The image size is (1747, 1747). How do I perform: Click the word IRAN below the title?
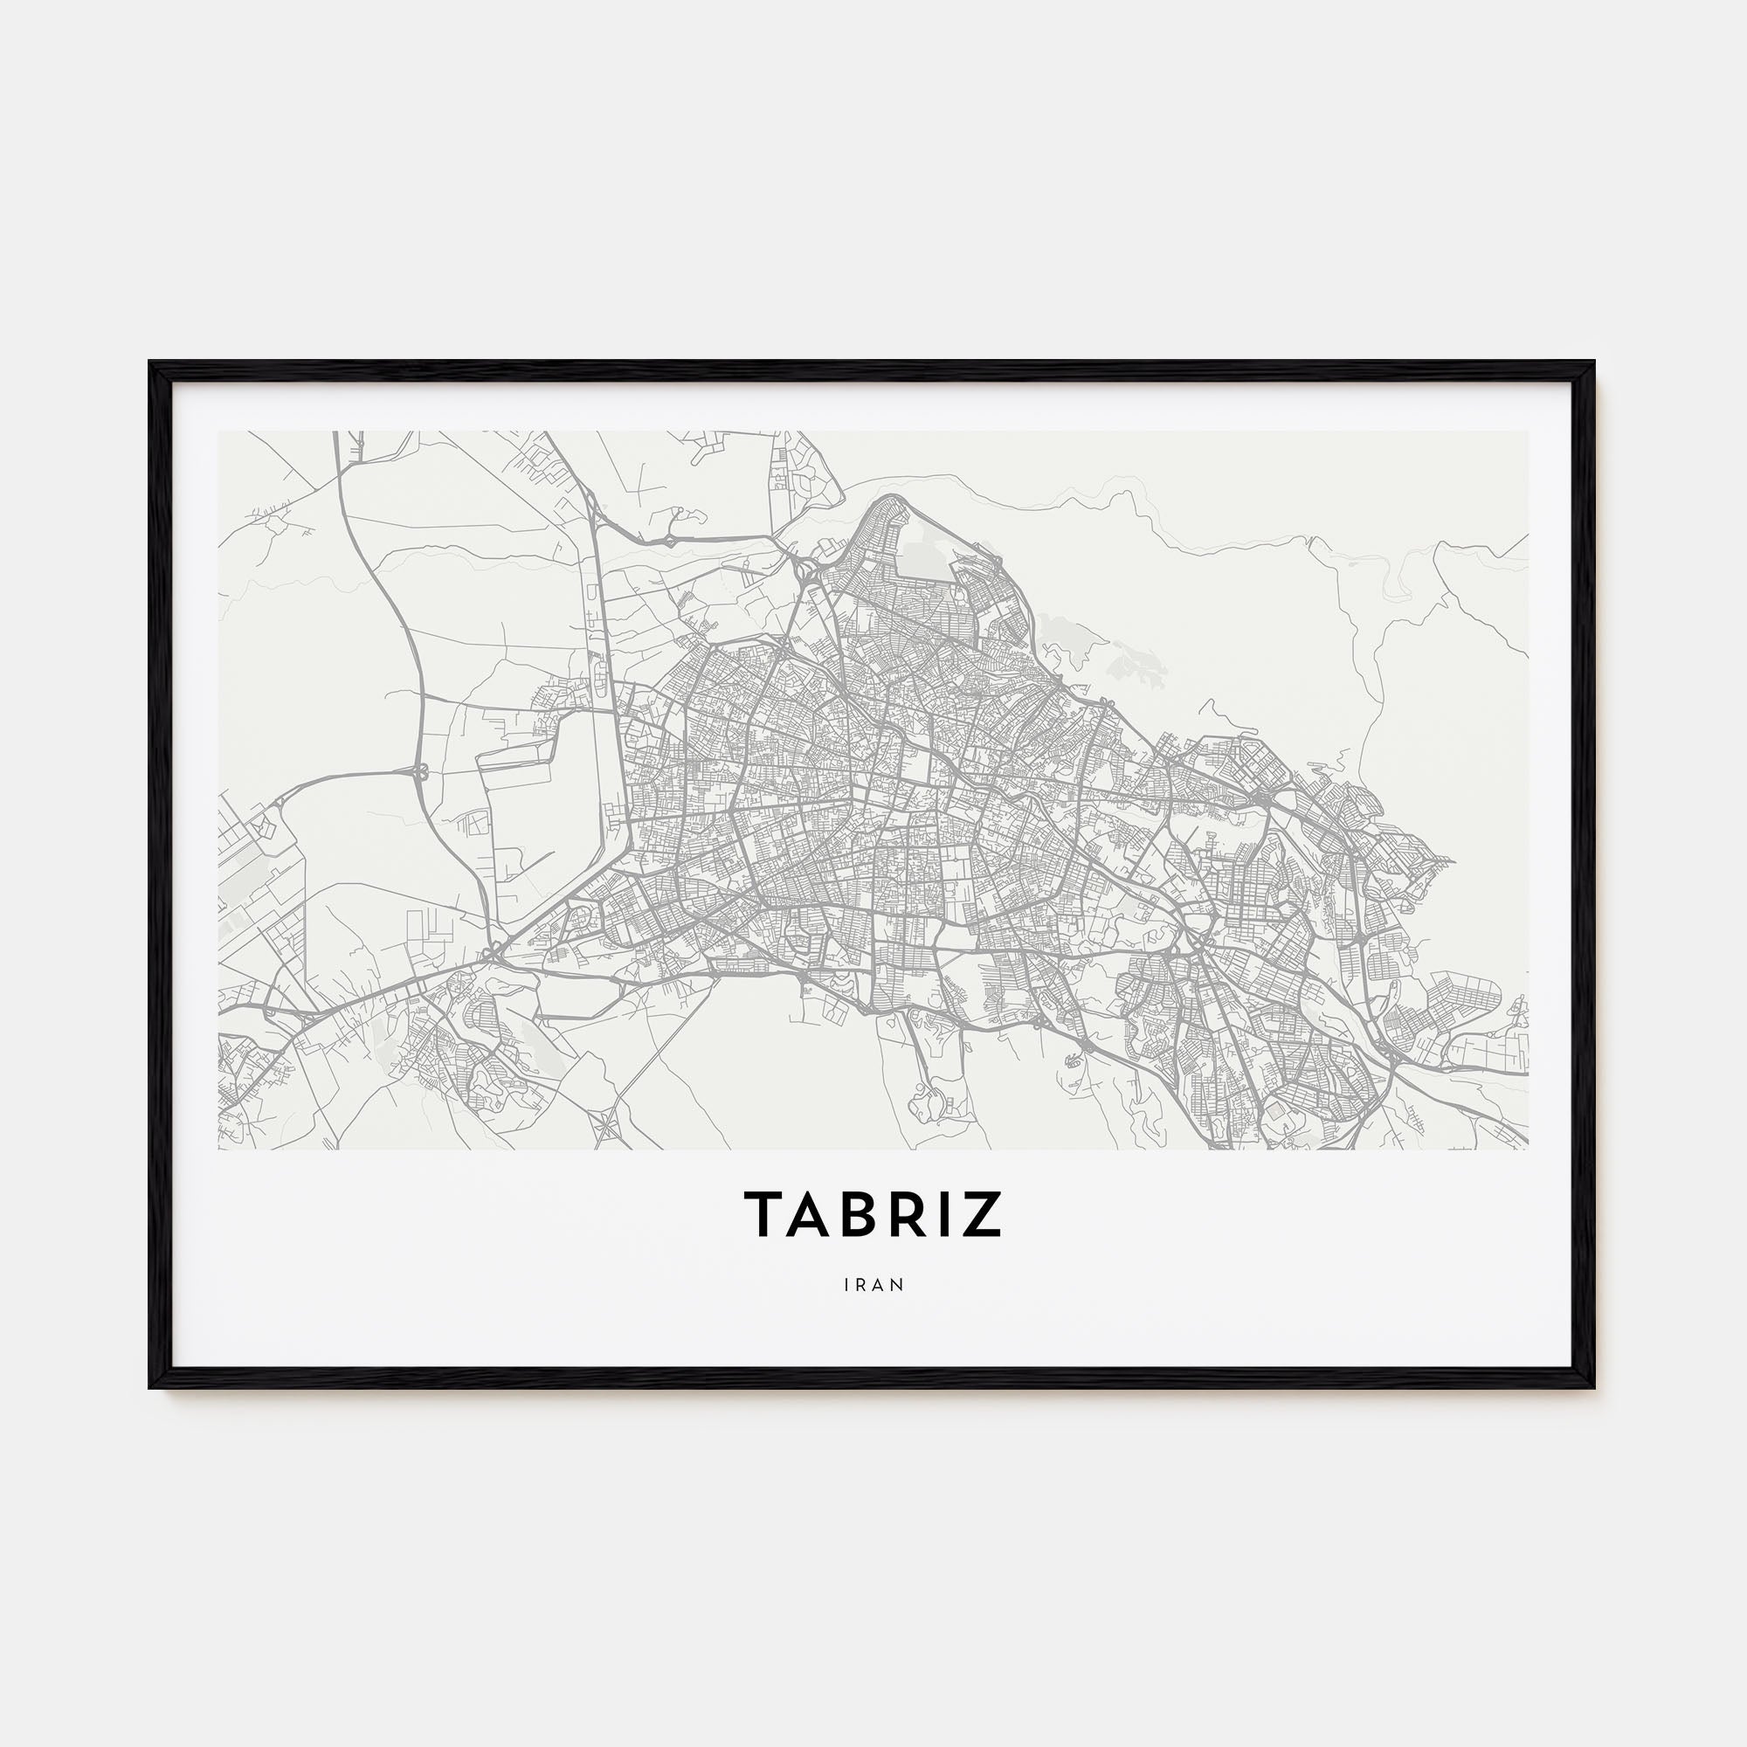(x=873, y=1284)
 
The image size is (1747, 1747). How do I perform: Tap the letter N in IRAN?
(x=898, y=1284)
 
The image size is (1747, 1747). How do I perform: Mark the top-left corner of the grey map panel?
(x=219, y=432)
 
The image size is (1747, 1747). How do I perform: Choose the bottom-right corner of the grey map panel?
(x=1528, y=1150)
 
